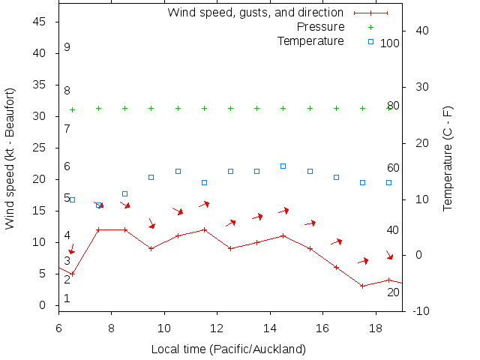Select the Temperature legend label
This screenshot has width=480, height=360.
tap(310, 40)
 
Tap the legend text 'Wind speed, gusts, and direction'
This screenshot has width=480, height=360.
tap(255, 13)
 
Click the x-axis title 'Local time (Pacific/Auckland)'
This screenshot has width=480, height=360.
tap(229, 349)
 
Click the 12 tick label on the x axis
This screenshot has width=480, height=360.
tap(217, 328)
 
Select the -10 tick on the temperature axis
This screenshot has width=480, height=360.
tap(420, 311)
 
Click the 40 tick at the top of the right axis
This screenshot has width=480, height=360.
tap(421, 31)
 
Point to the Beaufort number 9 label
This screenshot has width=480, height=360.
tap(67, 47)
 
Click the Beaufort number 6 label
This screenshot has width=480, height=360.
tap(67, 166)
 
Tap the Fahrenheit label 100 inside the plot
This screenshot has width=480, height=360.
tap(390, 43)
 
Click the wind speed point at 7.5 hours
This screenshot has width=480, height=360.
tap(98, 229)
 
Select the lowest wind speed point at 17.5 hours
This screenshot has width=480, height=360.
tap(362, 286)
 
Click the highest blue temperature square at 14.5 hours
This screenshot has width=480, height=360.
tap(283, 166)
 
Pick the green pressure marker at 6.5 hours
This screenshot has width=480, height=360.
tap(72, 109)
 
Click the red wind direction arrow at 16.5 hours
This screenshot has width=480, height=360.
tap(337, 241)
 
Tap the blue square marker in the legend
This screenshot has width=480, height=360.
tap(370, 40)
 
